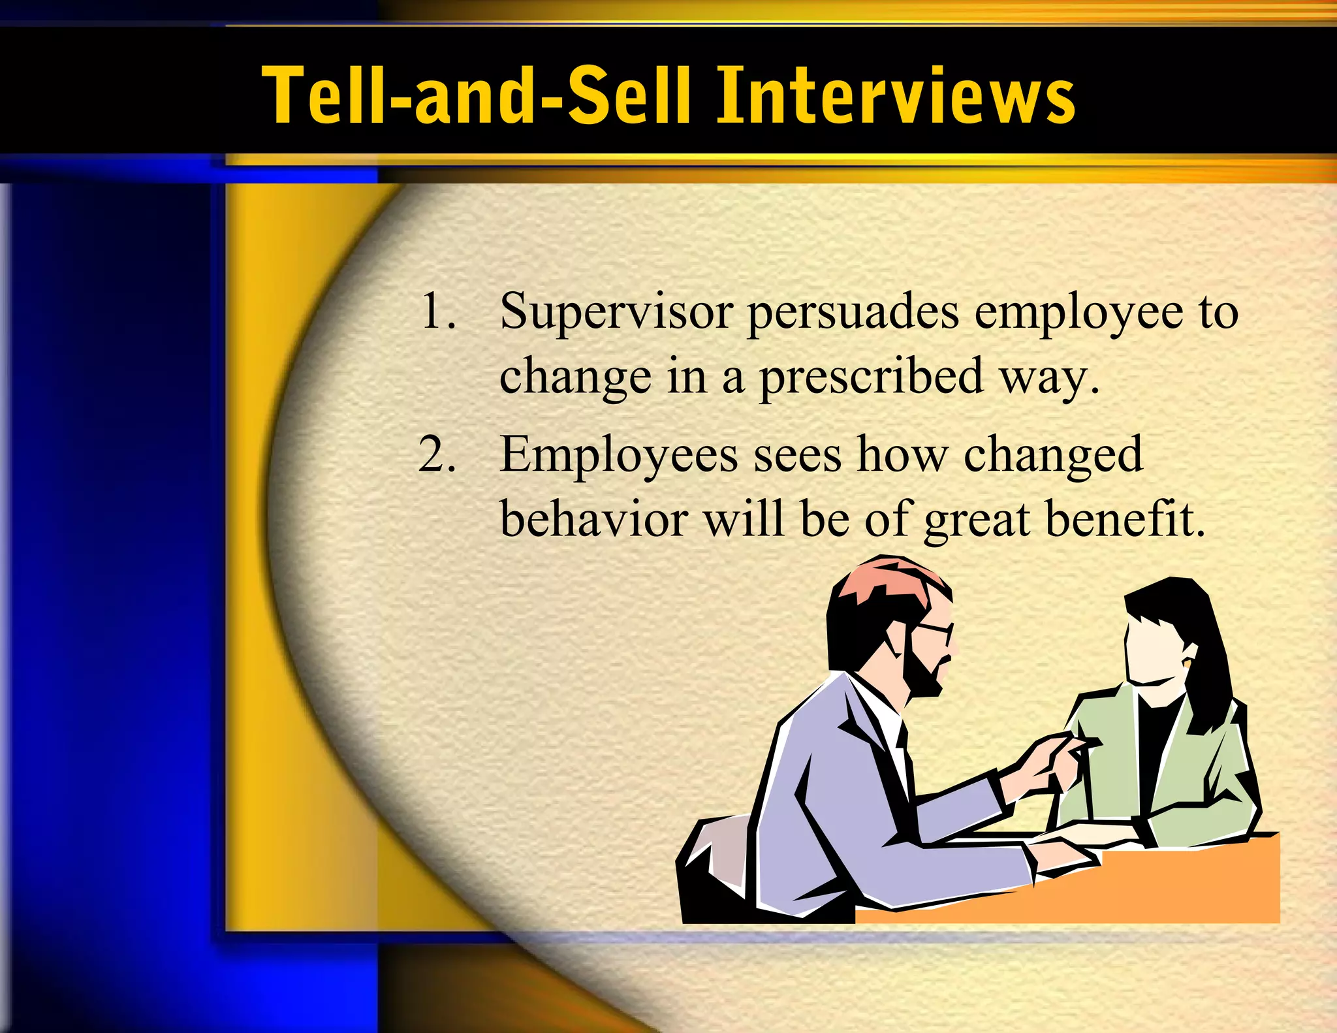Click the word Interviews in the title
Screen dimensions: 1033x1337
click(x=896, y=95)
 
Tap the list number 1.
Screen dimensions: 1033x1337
click(x=437, y=311)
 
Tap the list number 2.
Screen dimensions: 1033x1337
click(x=436, y=454)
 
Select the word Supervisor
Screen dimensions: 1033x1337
click(x=616, y=312)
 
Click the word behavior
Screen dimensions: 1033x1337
click(x=593, y=520)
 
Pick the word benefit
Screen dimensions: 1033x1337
click(x=1124, y=520)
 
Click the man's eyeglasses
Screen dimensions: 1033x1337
click(x=934, y=630)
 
